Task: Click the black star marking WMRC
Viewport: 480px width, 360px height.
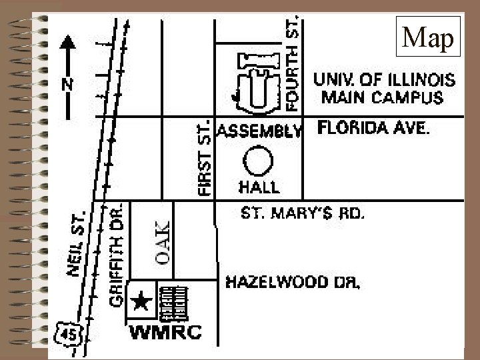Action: tap(141, 302)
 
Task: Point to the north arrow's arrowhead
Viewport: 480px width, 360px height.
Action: tap(67, 43)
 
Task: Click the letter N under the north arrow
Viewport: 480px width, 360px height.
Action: tap(67, 85)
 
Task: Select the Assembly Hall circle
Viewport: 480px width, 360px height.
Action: tap(258, 162)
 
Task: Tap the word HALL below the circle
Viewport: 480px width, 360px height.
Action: tap(259, 187)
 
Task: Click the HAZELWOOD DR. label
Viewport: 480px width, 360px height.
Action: tap(293, 283)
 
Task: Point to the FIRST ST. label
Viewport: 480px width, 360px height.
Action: tap(205, 158)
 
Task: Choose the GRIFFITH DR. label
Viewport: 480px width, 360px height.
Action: tap(117, 255)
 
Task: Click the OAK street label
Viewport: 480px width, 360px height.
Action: tap(163, 241)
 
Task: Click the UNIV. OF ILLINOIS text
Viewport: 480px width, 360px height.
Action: tap(385, 81)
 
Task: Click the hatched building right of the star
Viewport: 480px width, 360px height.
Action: tap(175, 303)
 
